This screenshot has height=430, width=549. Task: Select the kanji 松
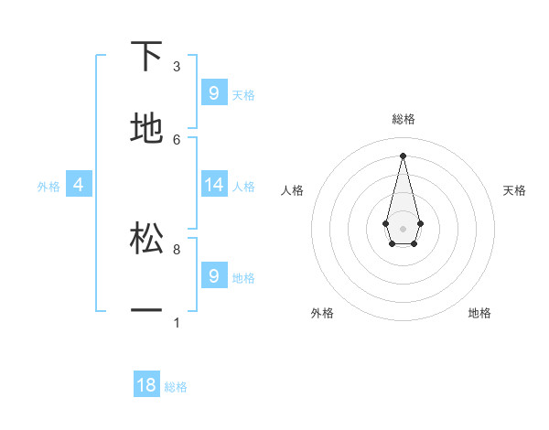146,238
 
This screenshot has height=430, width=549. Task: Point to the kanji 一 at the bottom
146,312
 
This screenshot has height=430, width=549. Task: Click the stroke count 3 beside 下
177,67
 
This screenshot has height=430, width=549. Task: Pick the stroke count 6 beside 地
177,139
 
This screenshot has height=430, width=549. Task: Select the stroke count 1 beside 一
177,323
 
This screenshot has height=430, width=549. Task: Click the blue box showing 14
214,185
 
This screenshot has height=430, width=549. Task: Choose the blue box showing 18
146,385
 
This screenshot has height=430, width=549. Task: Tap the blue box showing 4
78,185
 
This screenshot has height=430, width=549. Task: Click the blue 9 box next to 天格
214,93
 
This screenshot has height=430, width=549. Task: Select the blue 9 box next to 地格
214,275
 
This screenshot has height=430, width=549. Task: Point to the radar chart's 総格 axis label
403,119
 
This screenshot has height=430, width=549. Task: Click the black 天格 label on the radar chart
514,190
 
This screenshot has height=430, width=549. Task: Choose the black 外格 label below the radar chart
322,313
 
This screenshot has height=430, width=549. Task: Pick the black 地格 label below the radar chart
479,313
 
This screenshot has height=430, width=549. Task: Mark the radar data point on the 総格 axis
403,155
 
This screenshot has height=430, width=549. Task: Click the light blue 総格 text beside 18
176,387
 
